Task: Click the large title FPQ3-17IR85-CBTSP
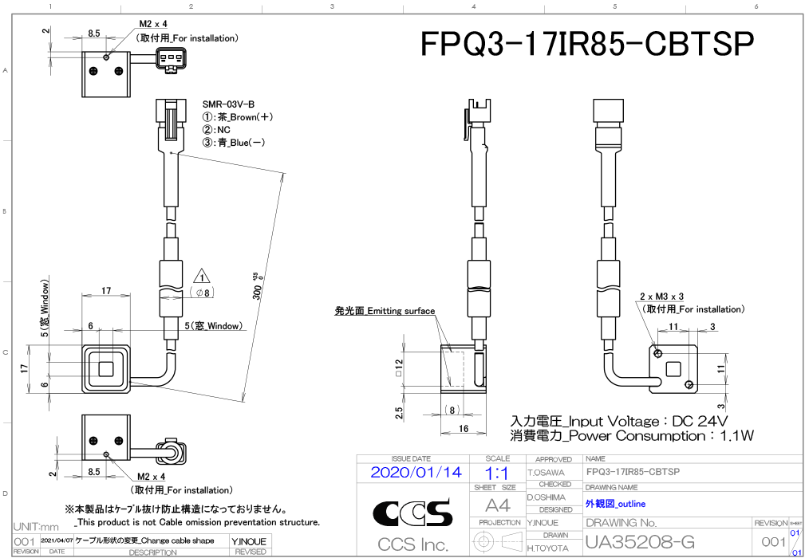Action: (x=587, y=45)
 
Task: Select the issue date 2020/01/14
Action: (x=416, y=472)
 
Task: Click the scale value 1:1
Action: (x=497, y=473)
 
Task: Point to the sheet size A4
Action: (x=497, y=505)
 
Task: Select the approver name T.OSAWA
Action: (x=547, y=473)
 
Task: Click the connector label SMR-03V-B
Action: (x=228, y=104)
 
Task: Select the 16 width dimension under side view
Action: (x=463, y=429)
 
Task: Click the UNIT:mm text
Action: (x=37, y=527)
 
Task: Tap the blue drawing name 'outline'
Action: (x=615, y=504)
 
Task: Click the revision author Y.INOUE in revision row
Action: (x=250, y=541)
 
